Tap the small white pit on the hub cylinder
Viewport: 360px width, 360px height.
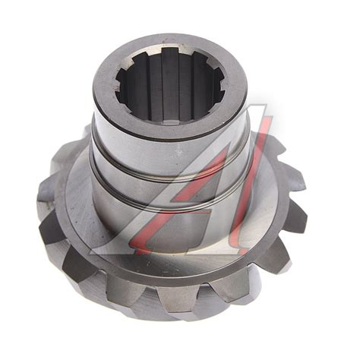180,152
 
